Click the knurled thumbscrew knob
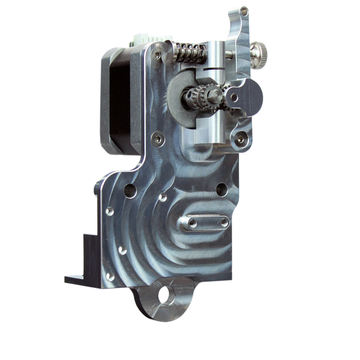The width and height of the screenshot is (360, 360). pos(259,54)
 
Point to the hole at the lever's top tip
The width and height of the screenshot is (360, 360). pos(243,11)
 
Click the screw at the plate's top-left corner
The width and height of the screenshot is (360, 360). pos(157,55)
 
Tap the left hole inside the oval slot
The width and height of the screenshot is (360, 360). pos(192,223)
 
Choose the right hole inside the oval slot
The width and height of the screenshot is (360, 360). pos(223,223)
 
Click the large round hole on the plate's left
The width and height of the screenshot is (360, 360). pos(130,191)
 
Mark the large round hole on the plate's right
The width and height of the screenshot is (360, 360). pos(222,190)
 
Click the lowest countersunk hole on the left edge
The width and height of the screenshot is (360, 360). pos(110,276)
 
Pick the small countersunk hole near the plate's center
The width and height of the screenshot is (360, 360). pos(163,197)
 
